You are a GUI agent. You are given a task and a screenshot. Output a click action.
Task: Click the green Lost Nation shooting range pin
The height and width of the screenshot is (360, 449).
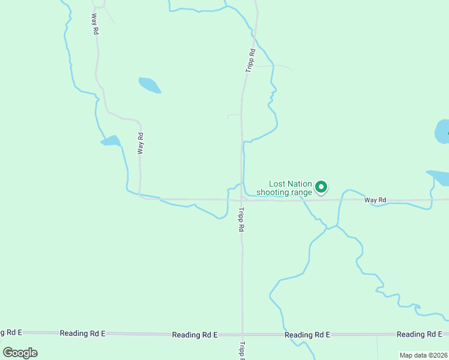click(x=321, y=187)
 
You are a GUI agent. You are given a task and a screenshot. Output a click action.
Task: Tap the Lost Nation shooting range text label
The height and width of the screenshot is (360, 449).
click(x=285, y=188)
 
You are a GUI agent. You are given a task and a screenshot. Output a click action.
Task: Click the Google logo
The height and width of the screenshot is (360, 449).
click(x=20, y=352)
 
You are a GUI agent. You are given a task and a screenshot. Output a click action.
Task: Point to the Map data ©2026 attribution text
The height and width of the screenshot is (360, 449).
click(x=423, y=355)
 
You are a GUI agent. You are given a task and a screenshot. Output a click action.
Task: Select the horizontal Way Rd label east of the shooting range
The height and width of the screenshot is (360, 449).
click(x=375, y=200)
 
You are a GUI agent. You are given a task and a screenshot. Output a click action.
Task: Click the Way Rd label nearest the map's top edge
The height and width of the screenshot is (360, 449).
click(x=95, y=23)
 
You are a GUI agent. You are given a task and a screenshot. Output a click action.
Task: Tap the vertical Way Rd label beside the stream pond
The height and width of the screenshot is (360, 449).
click(x=140, y=144)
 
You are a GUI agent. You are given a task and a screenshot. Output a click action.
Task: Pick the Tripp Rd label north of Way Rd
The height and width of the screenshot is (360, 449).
click(x=251, y=61)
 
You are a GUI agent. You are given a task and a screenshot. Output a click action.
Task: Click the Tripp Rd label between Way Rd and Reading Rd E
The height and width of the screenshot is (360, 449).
click(x=241, y=220)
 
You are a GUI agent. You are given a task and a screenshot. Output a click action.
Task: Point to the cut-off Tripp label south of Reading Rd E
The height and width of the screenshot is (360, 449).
click(x=242, y=351)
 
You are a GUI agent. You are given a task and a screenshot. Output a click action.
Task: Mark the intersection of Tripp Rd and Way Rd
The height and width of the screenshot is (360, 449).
click(x=241, y=199)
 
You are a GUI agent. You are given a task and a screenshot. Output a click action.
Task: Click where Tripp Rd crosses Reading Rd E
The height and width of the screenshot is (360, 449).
click(x=242, y=334)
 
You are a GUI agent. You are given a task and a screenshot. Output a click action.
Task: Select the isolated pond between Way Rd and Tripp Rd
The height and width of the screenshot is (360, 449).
click(x=149, y=85)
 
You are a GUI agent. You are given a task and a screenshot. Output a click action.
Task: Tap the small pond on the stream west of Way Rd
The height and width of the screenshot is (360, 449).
click(x=110, y=141)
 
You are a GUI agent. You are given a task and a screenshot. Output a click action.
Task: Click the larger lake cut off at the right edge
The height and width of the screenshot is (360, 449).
click(x=442, y=131)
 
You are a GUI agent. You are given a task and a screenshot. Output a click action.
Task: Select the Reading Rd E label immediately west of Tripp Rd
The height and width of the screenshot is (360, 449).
click(x=194, y=334)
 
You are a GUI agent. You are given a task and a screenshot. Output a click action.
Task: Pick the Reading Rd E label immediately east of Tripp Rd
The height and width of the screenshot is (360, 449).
click(x=307, y=334)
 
